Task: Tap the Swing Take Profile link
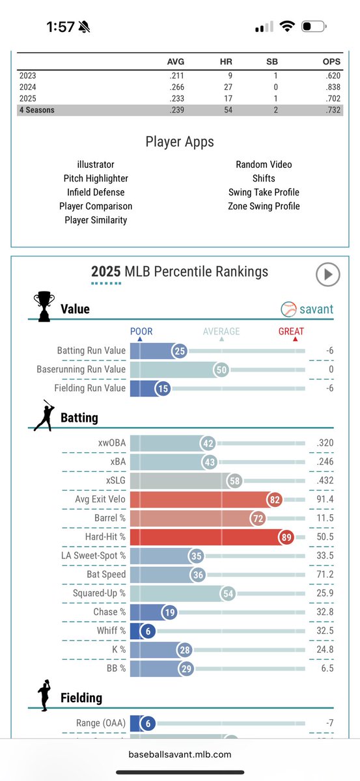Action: [264, 192]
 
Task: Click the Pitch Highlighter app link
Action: [96, 178]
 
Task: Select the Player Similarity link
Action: [96, 220]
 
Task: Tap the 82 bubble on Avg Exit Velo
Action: [275, 499]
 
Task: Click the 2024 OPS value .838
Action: [312, 87]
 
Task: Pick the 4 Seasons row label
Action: [36, 110]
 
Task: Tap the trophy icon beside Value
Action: [43, 307]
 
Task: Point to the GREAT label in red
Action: [291, 331]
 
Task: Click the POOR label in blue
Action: [141, 331]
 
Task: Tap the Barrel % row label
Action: [105, 518]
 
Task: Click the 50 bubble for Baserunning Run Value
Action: [222, 370]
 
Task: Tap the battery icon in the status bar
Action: [316, 27]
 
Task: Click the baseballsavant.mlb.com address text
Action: [180, 754]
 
